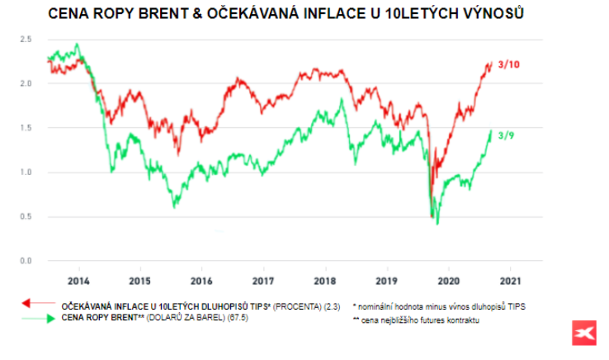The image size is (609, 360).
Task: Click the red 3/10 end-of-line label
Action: coord(509,64)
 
